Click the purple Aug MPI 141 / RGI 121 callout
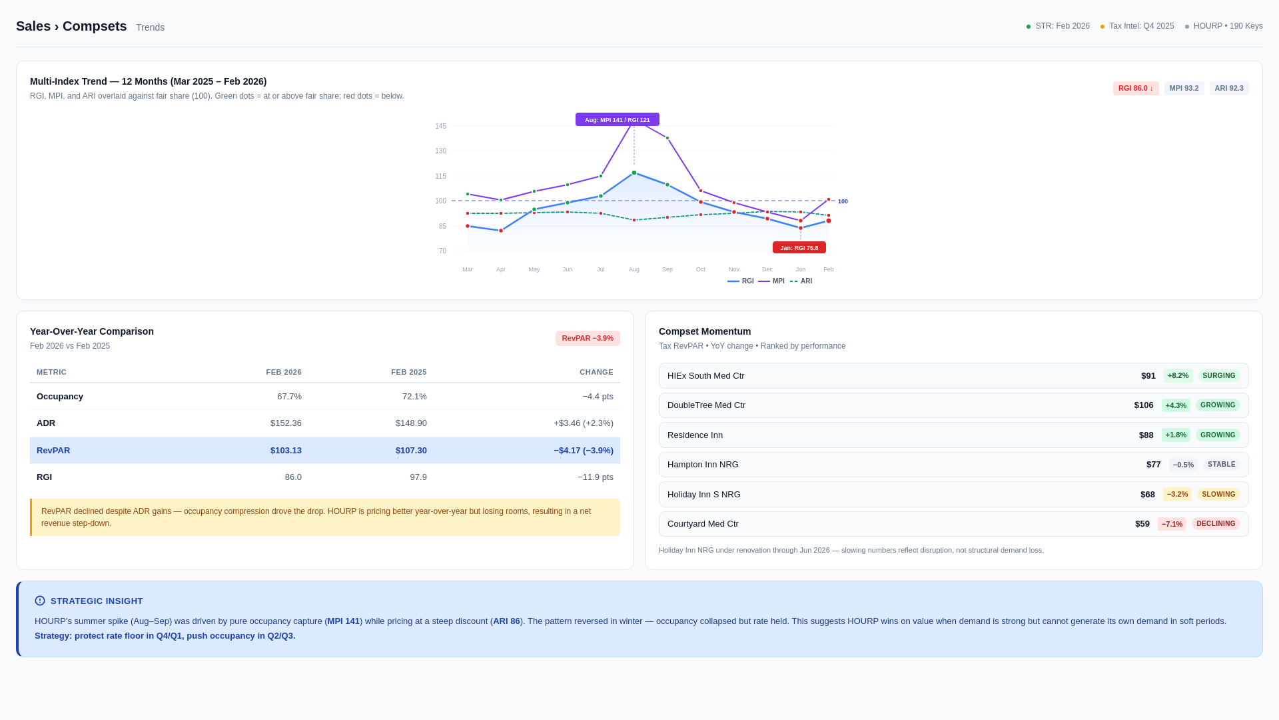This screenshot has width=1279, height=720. click(617, 120)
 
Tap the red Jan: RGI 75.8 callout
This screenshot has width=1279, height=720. click(799, 248)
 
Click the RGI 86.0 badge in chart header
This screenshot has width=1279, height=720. click(1135, 89)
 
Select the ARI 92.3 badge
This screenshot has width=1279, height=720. click(1228, 89)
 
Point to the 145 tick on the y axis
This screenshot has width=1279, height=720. click(440, 127)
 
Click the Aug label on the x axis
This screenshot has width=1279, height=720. click(634, 269)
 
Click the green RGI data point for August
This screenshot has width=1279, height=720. click(634, 173)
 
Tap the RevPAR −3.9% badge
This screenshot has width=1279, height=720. click(587, 339)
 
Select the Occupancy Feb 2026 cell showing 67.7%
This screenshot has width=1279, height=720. click(289, 397)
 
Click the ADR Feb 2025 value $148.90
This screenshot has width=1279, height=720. click(410, 423)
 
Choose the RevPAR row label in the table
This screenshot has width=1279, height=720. click(53, 451)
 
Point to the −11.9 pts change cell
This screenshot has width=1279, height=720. click(595, 477)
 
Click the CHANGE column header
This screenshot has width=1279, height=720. click(596, 373)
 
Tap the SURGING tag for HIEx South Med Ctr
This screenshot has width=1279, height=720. click(1218, 376)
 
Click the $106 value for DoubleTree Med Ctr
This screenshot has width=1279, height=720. click(1143, 405)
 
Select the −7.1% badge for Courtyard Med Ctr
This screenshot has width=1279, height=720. click(1171, 525)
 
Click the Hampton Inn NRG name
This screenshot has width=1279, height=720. click(702, 465)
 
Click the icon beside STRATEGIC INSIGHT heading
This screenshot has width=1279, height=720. click(40, 601)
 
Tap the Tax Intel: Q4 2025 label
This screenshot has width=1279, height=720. click(1140, 27)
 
